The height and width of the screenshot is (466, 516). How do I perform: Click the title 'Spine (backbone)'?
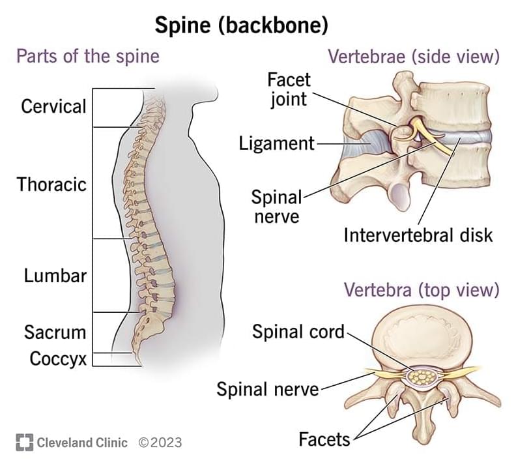point(240,25)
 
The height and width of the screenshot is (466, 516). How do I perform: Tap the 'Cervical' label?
point(53,106)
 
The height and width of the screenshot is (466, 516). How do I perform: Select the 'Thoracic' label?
point(51,184)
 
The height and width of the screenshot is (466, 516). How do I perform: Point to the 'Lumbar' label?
point(55,275)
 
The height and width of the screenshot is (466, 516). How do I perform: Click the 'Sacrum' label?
point(55,332)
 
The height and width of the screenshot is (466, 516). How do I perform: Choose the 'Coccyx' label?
point(58,358)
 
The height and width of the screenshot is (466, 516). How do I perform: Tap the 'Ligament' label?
point(277,143)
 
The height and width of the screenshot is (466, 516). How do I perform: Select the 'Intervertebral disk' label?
point(418,235)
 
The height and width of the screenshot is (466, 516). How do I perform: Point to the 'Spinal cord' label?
point(298,332)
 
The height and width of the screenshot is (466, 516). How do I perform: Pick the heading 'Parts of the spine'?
point(88,56)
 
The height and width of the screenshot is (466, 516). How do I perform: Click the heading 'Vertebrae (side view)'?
point(414,57)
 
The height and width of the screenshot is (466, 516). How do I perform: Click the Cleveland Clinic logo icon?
point(24,443)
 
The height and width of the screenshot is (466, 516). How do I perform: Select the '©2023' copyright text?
point(160,443)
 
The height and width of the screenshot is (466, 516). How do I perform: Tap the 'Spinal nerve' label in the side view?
point(276,207)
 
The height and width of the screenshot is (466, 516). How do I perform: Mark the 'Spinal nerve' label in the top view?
point(268,389)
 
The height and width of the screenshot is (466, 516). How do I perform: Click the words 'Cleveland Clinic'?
point(82,443)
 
